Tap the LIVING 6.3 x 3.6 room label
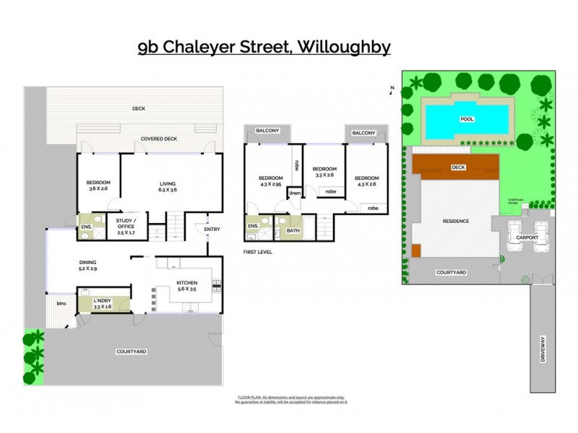tap(168, 187)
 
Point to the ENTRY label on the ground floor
tap(212, 229)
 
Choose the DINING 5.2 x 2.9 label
tap(87, 265)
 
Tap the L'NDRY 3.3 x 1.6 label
tap(102, 304)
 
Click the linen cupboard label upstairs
tap(294, 193)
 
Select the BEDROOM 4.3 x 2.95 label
tap(271, 181)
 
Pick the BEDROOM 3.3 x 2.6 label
tap(323, 171)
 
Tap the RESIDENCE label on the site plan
tap(456, 221)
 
